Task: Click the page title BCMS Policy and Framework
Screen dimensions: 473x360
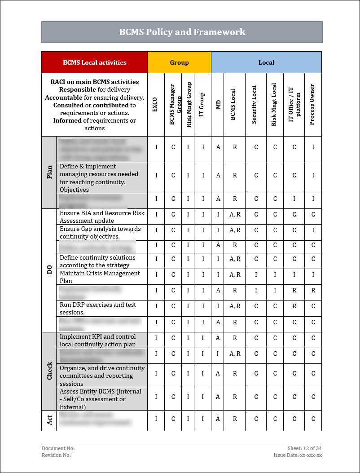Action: click(182, 32)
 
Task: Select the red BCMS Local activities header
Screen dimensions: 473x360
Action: click(94, 62)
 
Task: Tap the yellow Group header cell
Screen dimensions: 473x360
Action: click(179, 62)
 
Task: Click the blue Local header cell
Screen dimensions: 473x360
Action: click(266, 62)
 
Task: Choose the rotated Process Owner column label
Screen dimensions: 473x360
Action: click(312, 104)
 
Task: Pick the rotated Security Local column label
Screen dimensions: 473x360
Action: click(254, 104)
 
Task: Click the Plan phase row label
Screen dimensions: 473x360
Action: click(49, 172)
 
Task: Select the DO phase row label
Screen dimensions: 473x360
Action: click(49, 270)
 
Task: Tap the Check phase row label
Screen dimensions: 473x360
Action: click(49, 371)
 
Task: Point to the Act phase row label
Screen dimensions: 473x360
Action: click(49, 420)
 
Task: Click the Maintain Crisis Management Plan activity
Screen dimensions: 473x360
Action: click(100, 277)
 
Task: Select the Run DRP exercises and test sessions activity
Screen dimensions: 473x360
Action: click(98, 308)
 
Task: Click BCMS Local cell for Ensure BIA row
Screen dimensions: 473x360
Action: click(235, 215)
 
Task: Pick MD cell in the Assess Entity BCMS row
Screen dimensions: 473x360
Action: click(218, 397)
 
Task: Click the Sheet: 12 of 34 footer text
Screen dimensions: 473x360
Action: click(304, 448)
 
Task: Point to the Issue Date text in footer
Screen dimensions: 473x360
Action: click(297, 455)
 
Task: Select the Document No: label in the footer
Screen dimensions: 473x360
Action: click(58, 448)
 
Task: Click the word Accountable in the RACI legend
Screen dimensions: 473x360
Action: click(64, 97)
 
